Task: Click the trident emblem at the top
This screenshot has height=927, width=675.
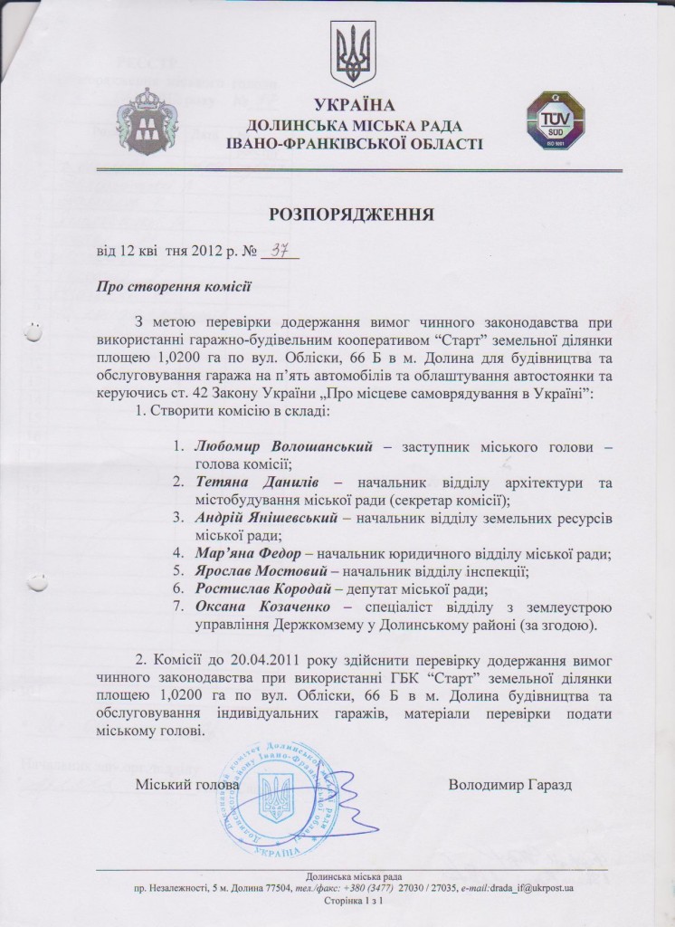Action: (x=347, y=54)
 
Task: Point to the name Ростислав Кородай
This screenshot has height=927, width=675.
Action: (x=254, y=588)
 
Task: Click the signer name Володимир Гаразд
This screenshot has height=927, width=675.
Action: (x=511, y=783)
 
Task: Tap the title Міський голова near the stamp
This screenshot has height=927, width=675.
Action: (x=187, y=784)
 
